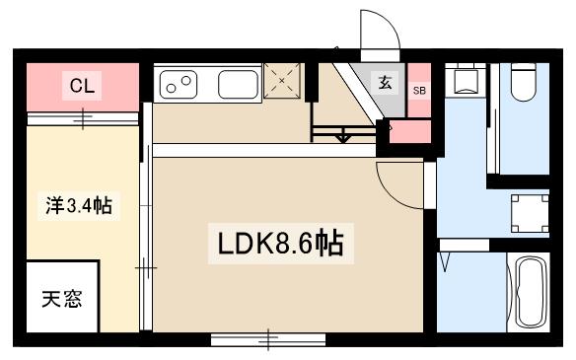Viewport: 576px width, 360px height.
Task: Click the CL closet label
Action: [x=81, y=86]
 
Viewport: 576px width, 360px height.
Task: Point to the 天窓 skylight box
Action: [x=61, y=299]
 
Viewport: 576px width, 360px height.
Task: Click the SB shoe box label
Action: [x=419, y=90]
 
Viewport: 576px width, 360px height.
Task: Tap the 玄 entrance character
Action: [x=386, y=82]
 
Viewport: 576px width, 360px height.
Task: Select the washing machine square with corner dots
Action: [x=529, y=211]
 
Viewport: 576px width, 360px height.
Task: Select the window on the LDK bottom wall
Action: [x=267, y=340]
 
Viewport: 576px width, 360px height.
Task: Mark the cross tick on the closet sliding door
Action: [x=86, y=119]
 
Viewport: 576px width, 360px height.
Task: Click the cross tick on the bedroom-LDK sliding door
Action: [x=147, y=265]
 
